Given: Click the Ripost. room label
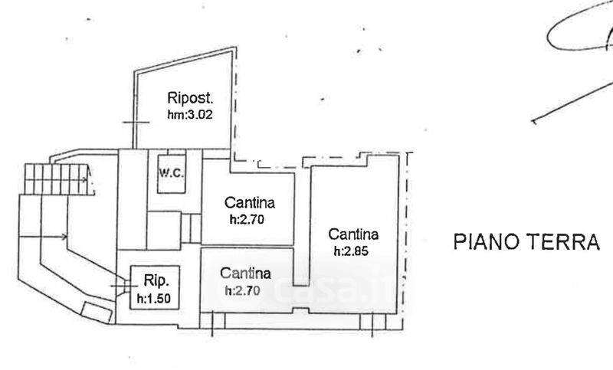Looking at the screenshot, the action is click(x=190, y=98).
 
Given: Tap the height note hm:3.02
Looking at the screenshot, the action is click(x=190, y=114).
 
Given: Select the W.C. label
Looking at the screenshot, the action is click(x=171, y=172).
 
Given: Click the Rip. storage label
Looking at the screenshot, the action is click(x=156, y=280).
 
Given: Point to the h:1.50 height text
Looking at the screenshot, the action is click(x=154, y=299).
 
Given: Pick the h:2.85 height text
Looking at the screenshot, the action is click(x=351, y=250).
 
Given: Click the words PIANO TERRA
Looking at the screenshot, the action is click(x=526, y=241).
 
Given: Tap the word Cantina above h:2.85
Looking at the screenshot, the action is click(x=353, y=234).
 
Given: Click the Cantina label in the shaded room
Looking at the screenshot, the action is click(x=245, y=273).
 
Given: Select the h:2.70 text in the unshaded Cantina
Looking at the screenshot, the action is click(x=247, y=220).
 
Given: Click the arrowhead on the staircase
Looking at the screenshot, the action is click(x=85, y=179).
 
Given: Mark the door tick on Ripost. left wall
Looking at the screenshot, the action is click(x=136, y=123).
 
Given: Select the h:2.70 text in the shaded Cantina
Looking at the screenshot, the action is click(x=242, y=290).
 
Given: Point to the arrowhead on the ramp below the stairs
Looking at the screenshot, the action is click(x=64, y=237).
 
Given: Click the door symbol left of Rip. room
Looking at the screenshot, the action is click(x=123, y=286).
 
